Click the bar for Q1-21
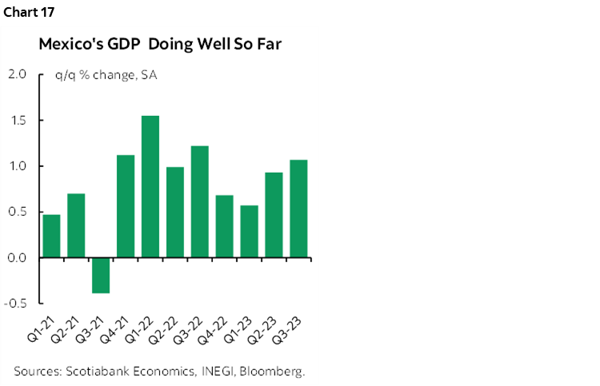(x=51, y=236)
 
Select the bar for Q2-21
(x=76, y=225)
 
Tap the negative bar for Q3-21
(x=101, y=275)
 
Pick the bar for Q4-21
(x=126, y=206)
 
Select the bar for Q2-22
(x=175, y=212)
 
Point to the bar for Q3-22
(x=200, y=201)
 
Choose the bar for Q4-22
(x=225, y=226)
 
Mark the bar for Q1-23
(x=250, y=231)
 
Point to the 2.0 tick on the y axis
(x=17, y=74)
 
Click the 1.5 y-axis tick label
(x=17, y=121)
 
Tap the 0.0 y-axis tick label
(x=17, y=258)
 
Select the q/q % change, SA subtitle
(x=94, y=75)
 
